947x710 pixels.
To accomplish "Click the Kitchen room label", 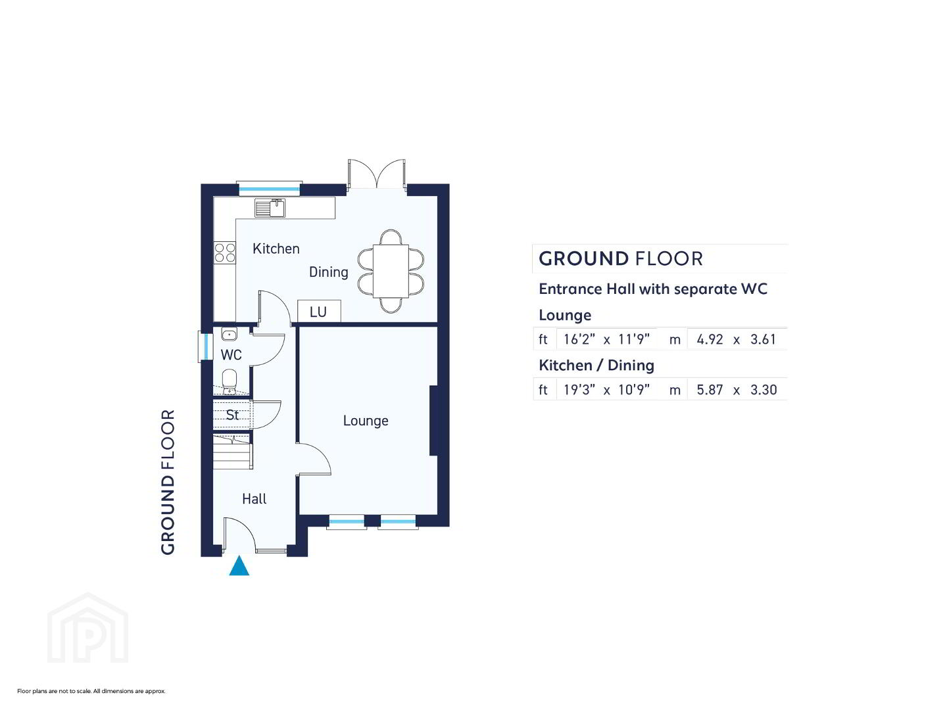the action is pyautogui.click(x=276, y=248).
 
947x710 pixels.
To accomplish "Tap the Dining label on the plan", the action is pyautogui.click(x=328, y=272).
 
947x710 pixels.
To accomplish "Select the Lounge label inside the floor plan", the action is pyautogui.click(x=366, y=421).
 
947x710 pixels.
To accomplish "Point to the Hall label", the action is pyautogui.click(x=254, y=499).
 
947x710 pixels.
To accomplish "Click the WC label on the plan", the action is pyautogui.click(x=231, y=355).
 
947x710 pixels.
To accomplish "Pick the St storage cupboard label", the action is pyautogui.click(x=232, y=415).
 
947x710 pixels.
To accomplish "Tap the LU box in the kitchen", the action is pyautogui.click(x=319, y=311).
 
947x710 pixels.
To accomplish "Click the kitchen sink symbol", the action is pyautogui.click(x=270, y=208).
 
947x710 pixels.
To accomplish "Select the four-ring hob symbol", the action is pyautogui.click(x=225, y=252).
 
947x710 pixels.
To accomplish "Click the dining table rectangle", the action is pyautogui.click(x=391, y=271).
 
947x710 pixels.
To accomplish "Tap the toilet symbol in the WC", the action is pyautogui.click(x=229, y=381).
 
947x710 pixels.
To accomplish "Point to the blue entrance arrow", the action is pyautogui.click(x=239, y=565).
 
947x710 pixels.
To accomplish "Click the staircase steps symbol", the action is pyautogui.click(x=233, y=452).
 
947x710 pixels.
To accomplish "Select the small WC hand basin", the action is pyautogui.click(x=229, y=334).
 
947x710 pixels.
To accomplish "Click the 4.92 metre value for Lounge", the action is pyautogui.click(x=710, y=339).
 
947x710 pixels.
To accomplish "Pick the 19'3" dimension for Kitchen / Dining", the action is pyautogui.click(x=579, y=389).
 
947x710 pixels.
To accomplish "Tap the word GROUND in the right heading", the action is pyautogui.click(x=583, y=258).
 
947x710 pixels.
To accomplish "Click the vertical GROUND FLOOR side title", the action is pyautogui.click(x=168, y=482).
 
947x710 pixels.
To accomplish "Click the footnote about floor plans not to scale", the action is pyautogui.click(x=91, y=691).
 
